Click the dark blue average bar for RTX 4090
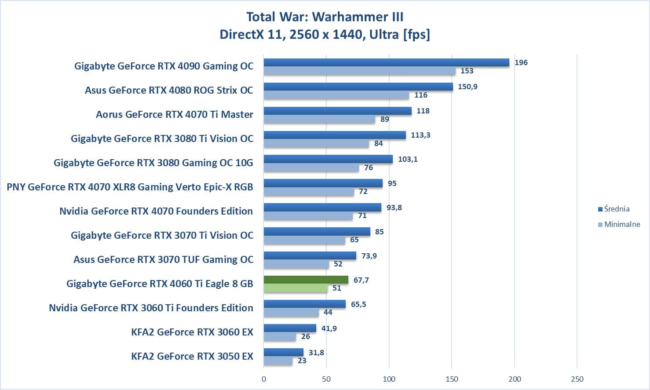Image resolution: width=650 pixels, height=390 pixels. click(x=386, y=62)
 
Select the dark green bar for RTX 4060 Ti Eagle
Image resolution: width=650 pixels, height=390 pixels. click(x=306, y=280)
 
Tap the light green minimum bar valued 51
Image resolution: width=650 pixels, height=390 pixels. click(x=296, y=288)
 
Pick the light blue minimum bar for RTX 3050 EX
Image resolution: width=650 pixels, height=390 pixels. click(x=278, y=361)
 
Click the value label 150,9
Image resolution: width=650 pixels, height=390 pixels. click(x=467, y=87)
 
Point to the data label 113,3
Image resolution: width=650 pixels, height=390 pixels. click(x=420, y=135)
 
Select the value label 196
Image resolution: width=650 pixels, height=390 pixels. click(x=521, y=62)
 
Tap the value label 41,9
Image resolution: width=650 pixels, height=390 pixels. click(x=329, y=328)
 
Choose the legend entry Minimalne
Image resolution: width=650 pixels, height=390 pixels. click(x=622, y=224)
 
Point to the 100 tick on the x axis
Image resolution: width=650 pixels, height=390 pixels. click(x=389, y=379)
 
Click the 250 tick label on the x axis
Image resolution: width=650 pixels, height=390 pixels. click(x=577, y=379)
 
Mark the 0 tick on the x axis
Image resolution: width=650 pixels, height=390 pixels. click(x=264, y=379)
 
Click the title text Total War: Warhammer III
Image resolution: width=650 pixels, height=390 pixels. click(x=325, y=17)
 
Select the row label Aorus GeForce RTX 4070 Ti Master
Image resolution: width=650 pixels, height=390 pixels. click(x=175, y=114)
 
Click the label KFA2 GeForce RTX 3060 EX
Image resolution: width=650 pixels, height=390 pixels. click(x=192, y=332)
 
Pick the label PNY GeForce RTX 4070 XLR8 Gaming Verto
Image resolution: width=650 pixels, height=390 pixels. click(x=130, y=187)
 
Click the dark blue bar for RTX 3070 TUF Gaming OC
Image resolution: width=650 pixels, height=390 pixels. click(x=310, y=255)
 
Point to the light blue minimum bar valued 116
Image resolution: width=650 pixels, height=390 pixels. click(x=336, y=95)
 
